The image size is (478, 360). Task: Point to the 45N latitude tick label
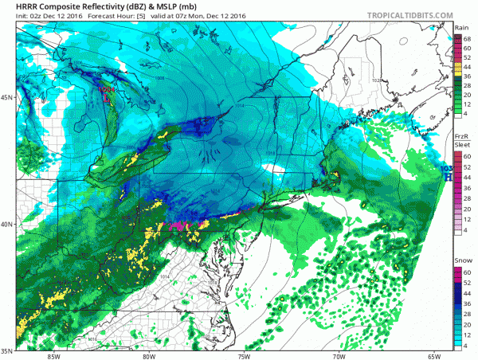tap(7, 97)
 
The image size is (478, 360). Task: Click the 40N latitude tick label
tap(7, 224)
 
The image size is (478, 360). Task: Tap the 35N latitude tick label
tap(7, 350)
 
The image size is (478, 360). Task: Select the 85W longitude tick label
tap(53, 356)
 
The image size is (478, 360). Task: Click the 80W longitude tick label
tap(148, 356)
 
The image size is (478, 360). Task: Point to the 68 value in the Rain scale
tap(468, 38)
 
